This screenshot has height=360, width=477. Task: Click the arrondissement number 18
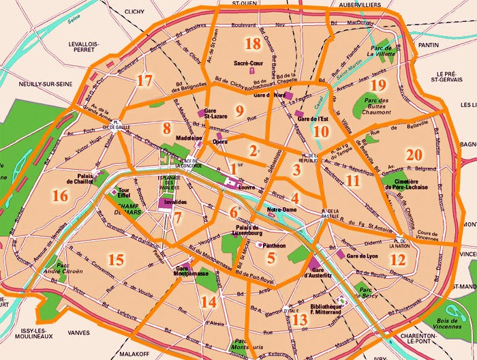[253, 44]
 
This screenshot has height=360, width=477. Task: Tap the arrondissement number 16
[60, 196]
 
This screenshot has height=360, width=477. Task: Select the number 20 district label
[414, 155]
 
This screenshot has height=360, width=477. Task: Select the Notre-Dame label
[281, 209]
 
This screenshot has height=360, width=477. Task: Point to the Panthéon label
[274, 245]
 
